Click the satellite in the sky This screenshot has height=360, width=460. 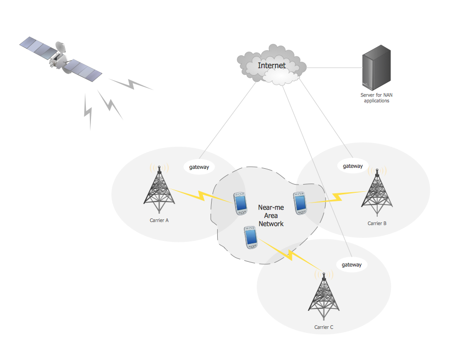point(61,58)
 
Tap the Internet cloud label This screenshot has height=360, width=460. point(271,65)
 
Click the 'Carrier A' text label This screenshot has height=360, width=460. point(159,220)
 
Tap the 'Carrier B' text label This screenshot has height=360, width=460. point(377,223)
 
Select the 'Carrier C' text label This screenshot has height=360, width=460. point(324,327)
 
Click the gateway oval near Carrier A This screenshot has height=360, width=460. point(199,167)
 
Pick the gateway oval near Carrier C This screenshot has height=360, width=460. point(351,264)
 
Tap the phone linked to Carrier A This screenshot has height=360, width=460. point(240,203)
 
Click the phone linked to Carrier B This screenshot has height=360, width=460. point(301,202)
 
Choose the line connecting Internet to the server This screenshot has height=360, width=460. point(332,67)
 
